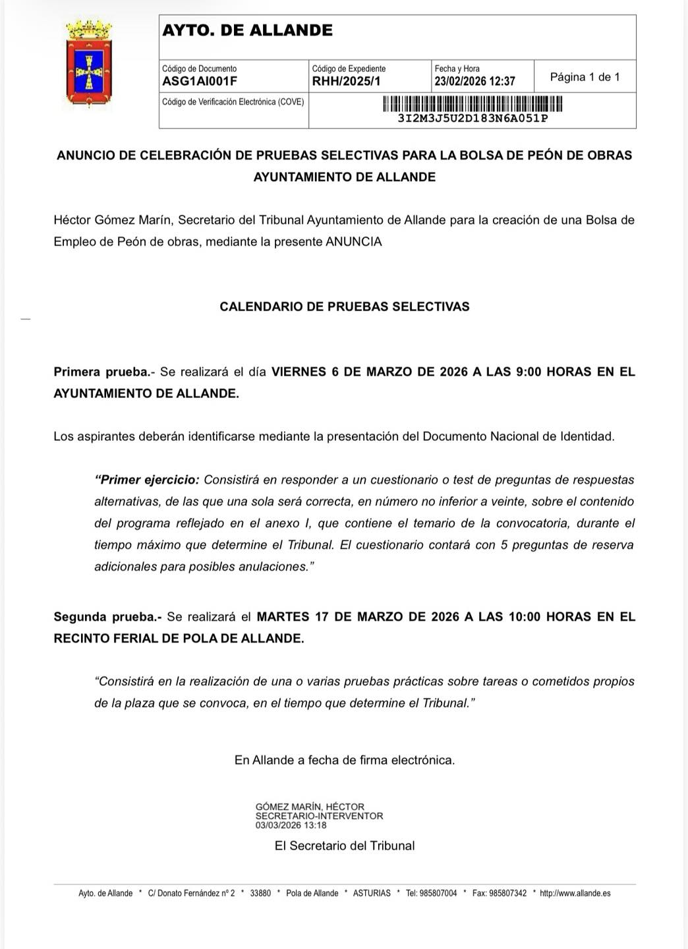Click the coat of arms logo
click(x=89, y=64)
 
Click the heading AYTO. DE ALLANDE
click(x=247, y=30)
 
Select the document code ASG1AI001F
click(x=200, y=82)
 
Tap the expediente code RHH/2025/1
click(x=346, y=82)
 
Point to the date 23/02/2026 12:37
click(x=474, y=82)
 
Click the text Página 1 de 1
click(x=585, y=77)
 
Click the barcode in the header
click(x=473, y=104)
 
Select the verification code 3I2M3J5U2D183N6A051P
click(x=473, y=119)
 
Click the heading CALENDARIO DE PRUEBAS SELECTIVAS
click(x=344, y=306)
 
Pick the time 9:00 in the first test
click(x=529, y=372)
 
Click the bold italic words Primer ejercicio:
click(x=147, y=480)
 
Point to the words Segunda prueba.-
click(x=107, y=617)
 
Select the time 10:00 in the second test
click(x=525, y=617)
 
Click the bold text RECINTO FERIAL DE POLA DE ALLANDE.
click(x=179, y=639)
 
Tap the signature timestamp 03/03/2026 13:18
click(x=291, y=825)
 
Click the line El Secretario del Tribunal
click(x=345, y=846)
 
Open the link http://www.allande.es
click(x=575, y=894)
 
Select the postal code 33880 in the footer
click(x=260, y=894)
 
